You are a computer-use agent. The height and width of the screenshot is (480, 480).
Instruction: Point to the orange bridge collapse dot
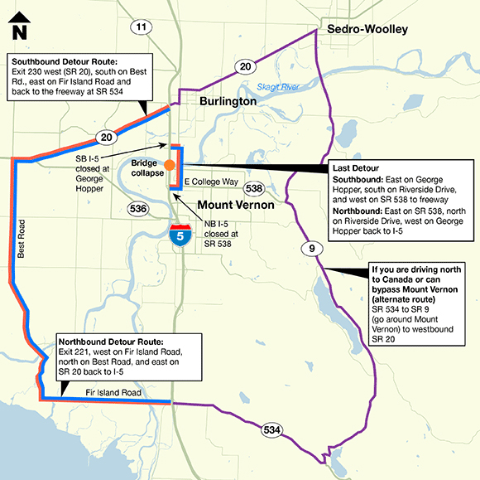169,165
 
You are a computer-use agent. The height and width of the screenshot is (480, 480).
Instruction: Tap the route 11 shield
142,27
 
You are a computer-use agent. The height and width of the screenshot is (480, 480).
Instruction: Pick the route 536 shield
140,208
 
